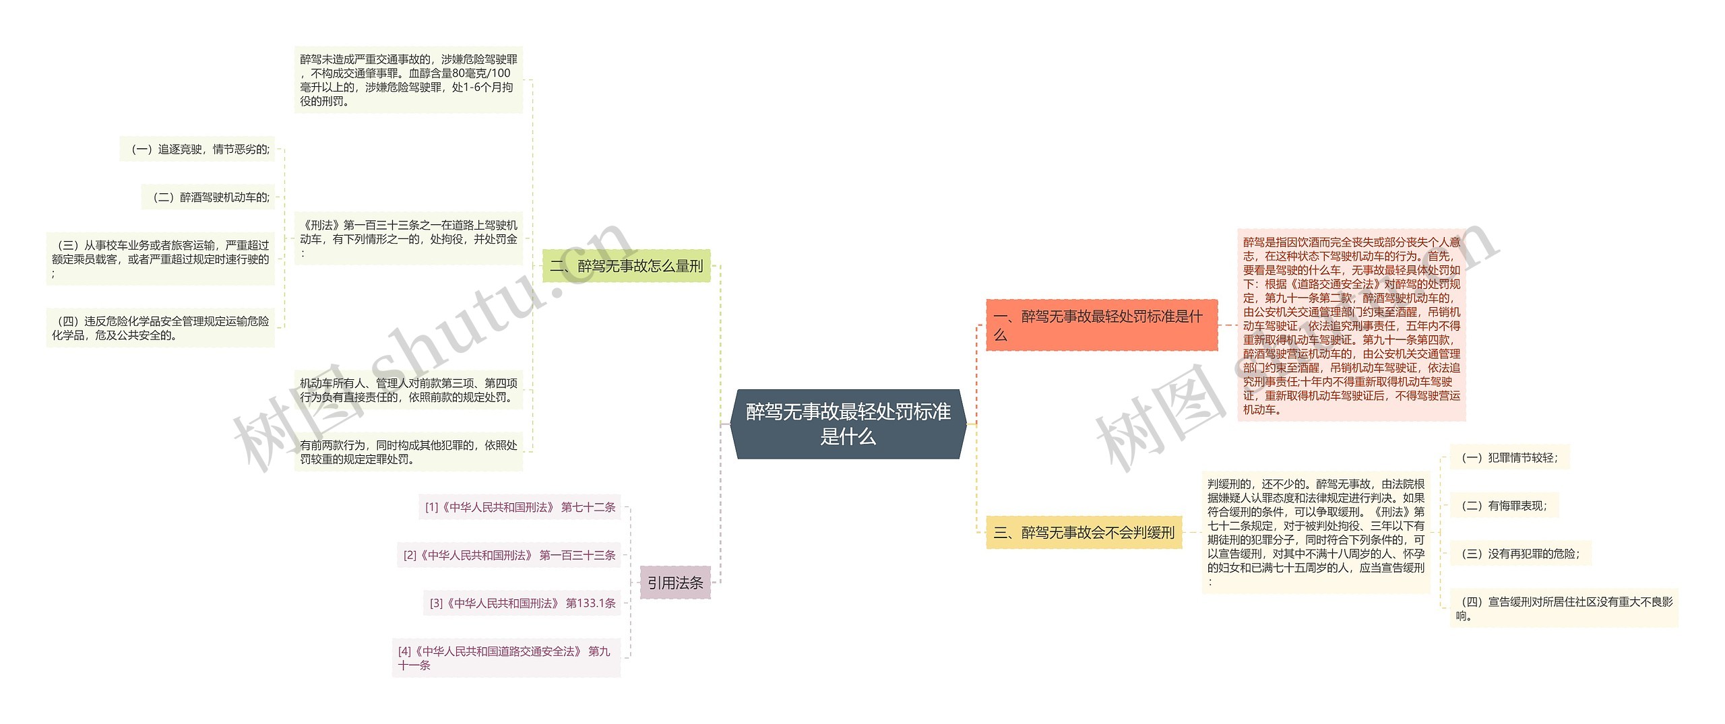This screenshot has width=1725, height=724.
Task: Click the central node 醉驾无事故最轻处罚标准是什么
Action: [x=848, y=424]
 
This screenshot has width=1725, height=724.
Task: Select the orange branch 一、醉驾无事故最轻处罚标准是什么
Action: [x=1101, y=325]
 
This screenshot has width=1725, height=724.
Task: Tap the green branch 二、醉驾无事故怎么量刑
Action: [x=627, y=266]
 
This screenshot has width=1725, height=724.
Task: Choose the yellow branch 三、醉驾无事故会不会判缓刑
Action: [x=1084, y=533]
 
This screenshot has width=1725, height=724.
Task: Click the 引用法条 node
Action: [x=675, y=583]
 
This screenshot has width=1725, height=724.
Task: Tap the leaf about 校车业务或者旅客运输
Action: [x=160, y=259]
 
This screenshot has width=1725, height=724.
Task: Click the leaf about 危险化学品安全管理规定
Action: [x=160, y=328]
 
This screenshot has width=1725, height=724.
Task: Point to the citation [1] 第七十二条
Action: [x=520, y=507]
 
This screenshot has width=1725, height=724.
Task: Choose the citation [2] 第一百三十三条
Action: [x=509, y=555]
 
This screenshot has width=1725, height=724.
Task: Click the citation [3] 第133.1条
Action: [x=522, y=603]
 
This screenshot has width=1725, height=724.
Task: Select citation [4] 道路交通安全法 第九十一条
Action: [x=505, y=658]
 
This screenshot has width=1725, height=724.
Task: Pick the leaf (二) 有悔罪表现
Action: [x=1504, y=506]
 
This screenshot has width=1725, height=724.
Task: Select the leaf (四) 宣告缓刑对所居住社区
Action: [x=1563, y=608]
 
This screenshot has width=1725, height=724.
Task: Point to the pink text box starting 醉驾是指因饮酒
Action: [x=1351, y=325]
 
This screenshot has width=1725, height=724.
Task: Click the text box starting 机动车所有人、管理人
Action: [x=408, y=390]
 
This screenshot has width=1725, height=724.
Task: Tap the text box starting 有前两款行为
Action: [x=408, y=452]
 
